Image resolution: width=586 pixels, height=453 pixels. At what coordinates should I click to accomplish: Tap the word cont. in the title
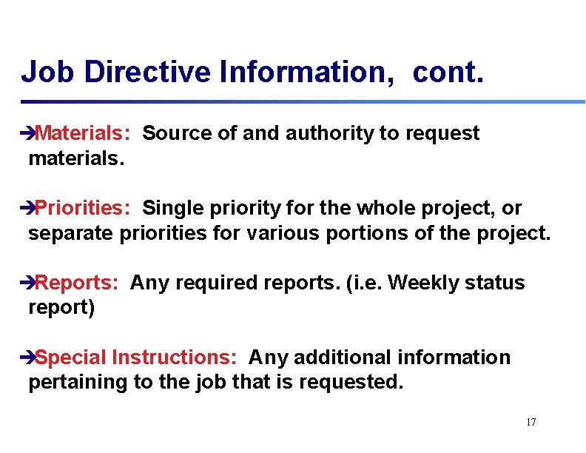(448, 73)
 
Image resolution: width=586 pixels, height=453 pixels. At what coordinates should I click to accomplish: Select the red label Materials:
(83, 133)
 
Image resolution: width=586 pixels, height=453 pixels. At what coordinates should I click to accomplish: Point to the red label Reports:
(77, 283)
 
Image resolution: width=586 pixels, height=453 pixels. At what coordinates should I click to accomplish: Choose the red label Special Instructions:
(136, 358)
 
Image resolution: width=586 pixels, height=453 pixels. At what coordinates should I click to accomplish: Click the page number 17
(531, 422)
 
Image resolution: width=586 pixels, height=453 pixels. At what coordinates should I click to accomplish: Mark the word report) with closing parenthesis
(61, 308)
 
